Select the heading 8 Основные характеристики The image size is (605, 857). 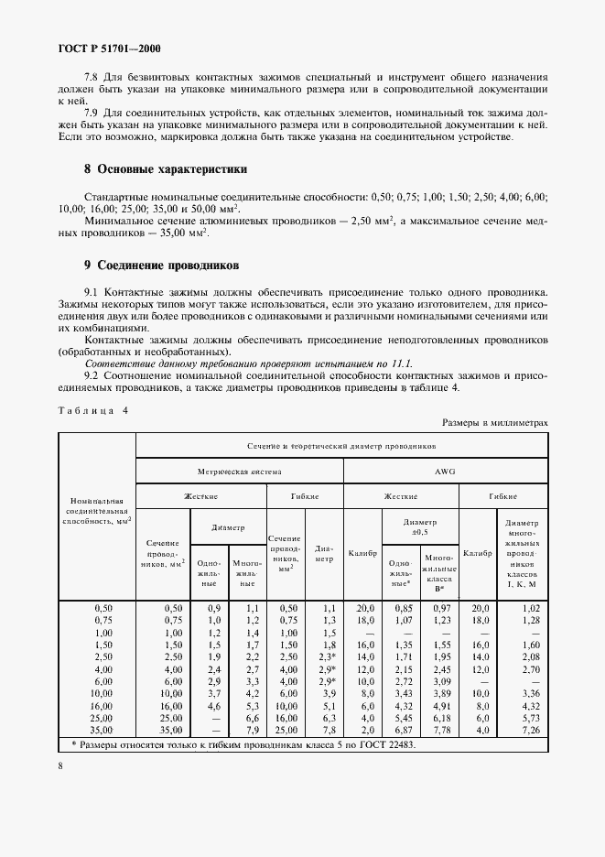click(152, 169)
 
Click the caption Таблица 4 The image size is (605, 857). click(92, 410)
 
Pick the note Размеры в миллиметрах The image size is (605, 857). click(495, 423)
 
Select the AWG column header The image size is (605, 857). click(445, 471)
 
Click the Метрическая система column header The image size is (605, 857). click(240, 471)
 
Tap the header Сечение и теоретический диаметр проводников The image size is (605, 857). click(341, 445)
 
